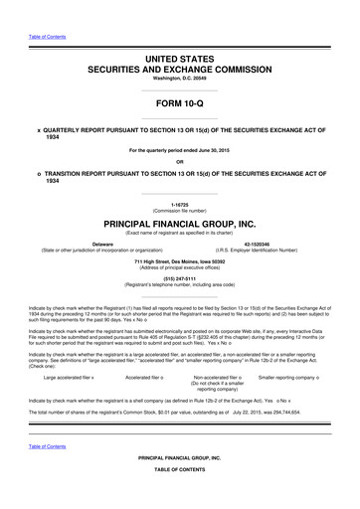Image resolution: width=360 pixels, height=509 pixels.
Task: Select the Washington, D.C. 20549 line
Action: pos(179,78)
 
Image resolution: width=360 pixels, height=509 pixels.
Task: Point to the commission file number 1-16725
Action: pos(179,204)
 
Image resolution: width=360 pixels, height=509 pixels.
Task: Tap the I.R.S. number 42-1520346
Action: pos(271,242)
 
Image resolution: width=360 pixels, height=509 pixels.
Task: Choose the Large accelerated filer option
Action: pos(69,352)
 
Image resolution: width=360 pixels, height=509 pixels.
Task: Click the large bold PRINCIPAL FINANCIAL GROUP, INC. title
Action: pos(179,225)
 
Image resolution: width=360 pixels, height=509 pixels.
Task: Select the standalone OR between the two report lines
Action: pos(179,161)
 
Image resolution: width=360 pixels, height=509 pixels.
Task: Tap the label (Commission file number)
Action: pos(179,211)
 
